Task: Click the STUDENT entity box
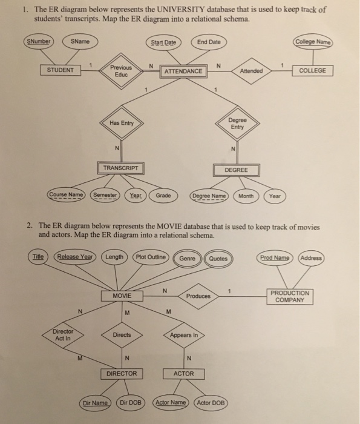coord(61,70)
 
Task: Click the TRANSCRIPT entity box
coord(120,168)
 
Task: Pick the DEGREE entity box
coord(236,170)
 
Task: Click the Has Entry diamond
coord(122,124)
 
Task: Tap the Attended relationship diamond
coord(250,70)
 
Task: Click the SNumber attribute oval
coord(39,42)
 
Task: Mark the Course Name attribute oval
coord(66,196)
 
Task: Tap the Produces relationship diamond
coord(198,296)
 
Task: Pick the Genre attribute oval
coord(188,259)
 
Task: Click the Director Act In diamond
coord(63,335)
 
